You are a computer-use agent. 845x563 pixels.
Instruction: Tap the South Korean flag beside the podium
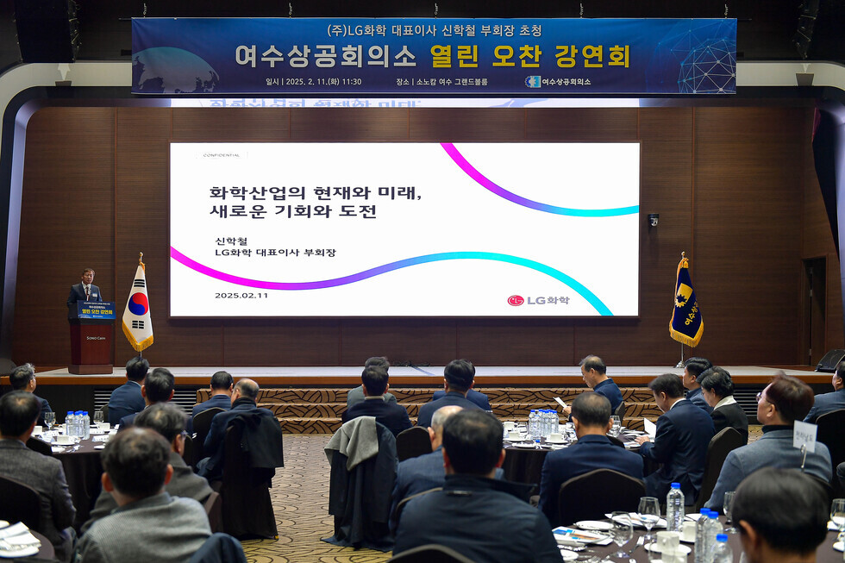click(137, 308)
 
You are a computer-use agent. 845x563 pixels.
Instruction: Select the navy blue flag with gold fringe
click(685, 303)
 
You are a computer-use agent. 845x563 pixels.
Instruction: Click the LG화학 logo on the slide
click(539, 300)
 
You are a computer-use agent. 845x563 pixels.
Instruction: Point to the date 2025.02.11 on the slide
click(241, 295)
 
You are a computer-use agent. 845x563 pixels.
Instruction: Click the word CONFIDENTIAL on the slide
click(221, 155)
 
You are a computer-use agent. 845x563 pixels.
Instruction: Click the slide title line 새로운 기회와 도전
click(293, 211)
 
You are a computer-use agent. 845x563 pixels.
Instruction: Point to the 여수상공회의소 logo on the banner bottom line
click(558, 82)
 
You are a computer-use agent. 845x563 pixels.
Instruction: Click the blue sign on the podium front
click(95, 310)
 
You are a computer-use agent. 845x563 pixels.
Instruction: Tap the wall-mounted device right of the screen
click(653, 220)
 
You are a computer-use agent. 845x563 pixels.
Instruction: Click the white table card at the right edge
click(804, 436)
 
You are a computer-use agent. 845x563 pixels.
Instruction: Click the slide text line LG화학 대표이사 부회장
click(275, 253)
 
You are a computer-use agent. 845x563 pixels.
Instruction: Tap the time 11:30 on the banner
click(352, 82)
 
